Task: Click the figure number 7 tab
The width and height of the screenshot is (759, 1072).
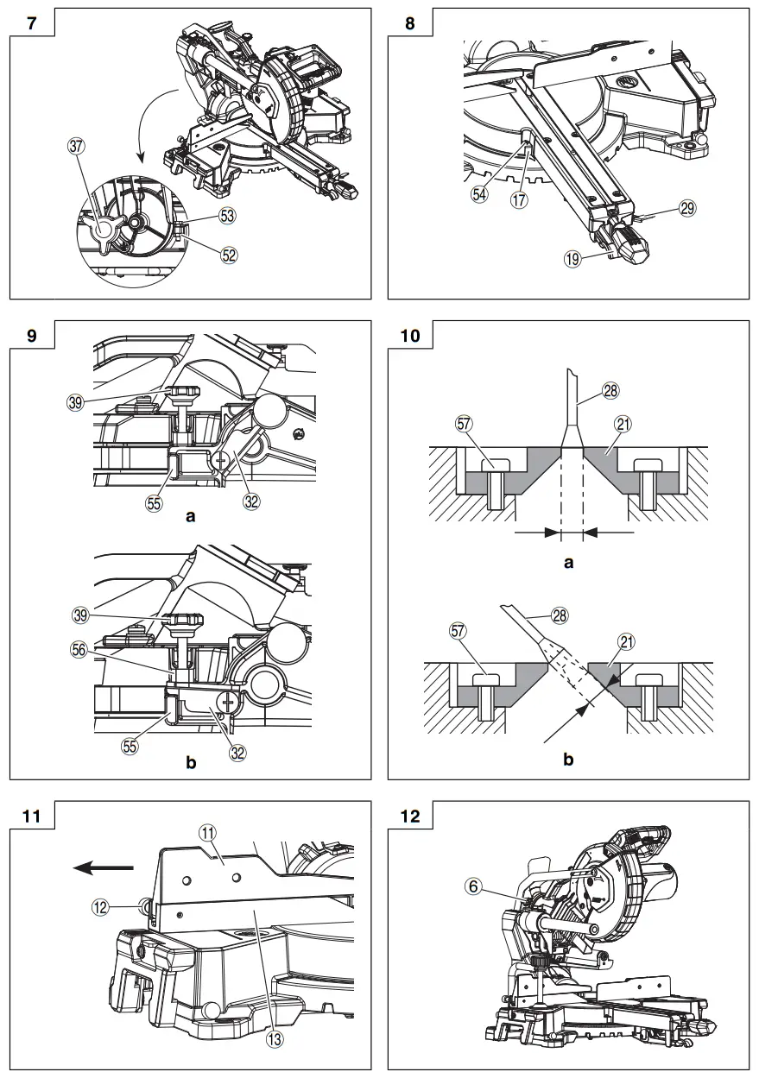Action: pyautogui.click(x=32, y=23)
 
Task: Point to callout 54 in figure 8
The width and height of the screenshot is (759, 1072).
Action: pyautogui.click(x=478, y=195)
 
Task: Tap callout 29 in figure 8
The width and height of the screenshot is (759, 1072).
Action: pyautogui.click(x=687, y=208)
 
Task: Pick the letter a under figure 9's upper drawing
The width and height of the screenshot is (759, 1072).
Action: pyautogui.click(x=193, y=518)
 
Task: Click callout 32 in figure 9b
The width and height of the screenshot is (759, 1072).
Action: pyautogui.click(x=238, y=752)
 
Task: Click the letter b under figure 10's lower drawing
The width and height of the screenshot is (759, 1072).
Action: pyautogui.click(x=568, y=759)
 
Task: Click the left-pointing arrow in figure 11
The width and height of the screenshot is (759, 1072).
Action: pyautogui.click(x=103, y=867)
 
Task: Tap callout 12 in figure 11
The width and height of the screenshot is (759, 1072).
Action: pyautogui.click(x=102, y=906)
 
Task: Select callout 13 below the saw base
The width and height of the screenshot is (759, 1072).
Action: pyautogui.click(x=275, y=1039)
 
